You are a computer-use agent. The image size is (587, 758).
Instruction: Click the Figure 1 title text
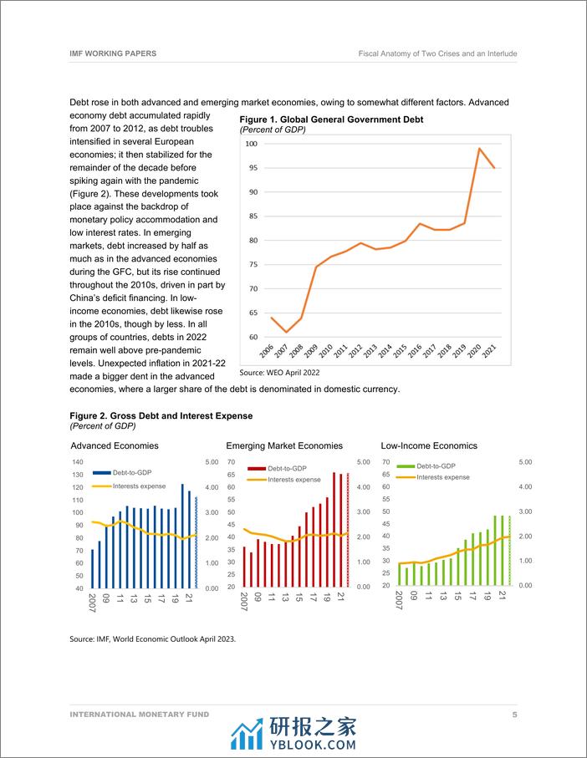coord(331,120)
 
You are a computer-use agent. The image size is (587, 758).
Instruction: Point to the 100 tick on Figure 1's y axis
coord(251,144)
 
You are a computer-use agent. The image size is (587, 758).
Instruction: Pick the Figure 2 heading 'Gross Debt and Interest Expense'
coord(161,415)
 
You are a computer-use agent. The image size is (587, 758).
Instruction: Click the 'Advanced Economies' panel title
coord(115,445)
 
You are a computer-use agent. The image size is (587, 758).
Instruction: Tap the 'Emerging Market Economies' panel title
coord(284,445)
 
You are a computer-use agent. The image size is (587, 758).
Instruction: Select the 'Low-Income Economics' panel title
coord(429,445)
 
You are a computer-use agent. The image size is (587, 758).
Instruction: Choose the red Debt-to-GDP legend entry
coord(282,469)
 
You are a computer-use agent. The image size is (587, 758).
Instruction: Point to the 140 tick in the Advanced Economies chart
coord(77,462)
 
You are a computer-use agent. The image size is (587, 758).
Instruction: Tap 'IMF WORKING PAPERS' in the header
coord(113,53)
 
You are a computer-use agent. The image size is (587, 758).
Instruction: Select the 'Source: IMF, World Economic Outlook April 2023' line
coord(153,638)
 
